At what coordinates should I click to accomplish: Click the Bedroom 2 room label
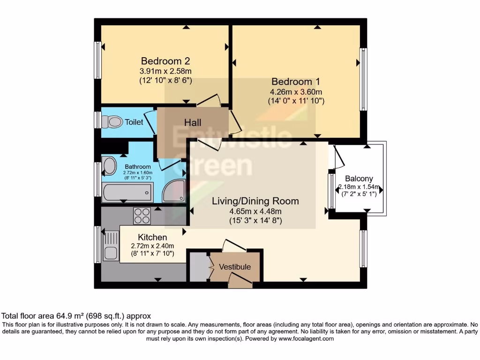pyautogui.click(x=165, y=61)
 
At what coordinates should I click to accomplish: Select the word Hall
pyautogui.click(x=193, y=122)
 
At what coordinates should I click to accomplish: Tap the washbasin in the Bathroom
pyautogui.click(x=110, y=166)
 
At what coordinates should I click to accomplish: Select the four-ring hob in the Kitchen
pyautogui.click(x=142, y=216)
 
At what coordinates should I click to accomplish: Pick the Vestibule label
pyautogui.click(x=235, y=267)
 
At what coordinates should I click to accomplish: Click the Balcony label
pyautogui.click(x=359, y=178)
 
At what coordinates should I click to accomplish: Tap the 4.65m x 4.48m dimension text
pyautogui.click(x=255, y=211)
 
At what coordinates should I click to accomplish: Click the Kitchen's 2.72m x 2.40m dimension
pyautogui.click(x=152, y=246)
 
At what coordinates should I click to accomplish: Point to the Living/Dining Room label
pyautogui.click(x=255, y=201)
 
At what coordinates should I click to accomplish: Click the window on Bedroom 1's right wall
pyautogui.click(x=363, y=80)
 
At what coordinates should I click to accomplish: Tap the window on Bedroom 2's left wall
pyautogui.click(x=98, y=60)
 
